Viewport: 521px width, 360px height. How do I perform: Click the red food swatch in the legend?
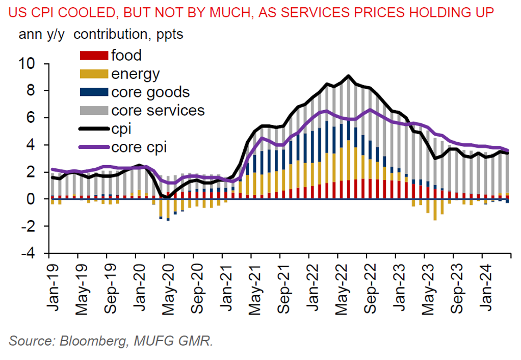point(94,55)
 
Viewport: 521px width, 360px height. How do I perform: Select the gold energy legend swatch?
point(94,74)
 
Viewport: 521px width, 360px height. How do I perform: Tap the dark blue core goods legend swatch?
point(94,92)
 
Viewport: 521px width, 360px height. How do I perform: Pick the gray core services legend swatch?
point(94,110)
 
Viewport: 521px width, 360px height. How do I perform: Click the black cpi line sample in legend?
point(94,129)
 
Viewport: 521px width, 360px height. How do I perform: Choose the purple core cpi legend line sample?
point(94,147)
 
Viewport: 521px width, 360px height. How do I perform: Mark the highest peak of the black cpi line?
point(348,76)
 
